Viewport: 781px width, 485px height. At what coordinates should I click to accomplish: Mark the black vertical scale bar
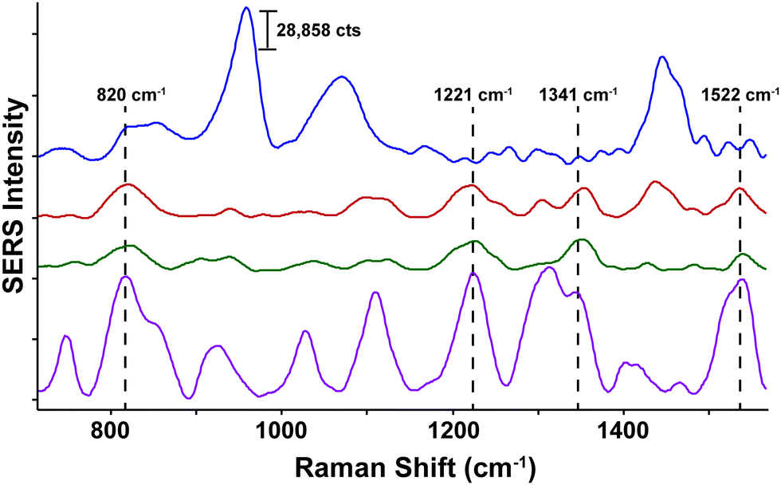pos(268,30)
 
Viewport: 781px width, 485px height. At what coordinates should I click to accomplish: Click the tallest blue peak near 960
pos(246,9)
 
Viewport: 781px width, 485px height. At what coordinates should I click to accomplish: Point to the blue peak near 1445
pos(661,57)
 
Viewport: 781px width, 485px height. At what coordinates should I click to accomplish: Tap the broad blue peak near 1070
pos(342,77)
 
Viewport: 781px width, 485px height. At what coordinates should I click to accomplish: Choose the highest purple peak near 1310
pos(547,268)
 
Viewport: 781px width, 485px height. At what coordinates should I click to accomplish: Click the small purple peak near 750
pos(67,337)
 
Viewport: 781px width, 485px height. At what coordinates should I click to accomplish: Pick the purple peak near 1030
pos(304,331)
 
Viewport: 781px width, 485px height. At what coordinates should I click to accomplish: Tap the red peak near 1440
pos(655,182)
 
